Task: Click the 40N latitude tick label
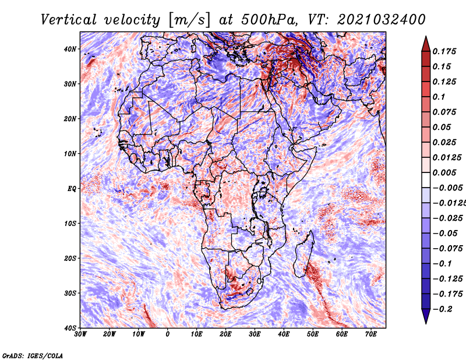point(70,49)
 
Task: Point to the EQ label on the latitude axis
point(72,189)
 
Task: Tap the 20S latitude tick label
point(70,258)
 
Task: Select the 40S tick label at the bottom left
point(70,328)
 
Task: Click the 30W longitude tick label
point(80,334)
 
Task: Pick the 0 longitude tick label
point(168,334)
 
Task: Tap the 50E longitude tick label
point(313,334)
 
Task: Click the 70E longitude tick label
point(371,334)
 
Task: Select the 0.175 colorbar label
point(444,52)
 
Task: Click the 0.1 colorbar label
point(439,97)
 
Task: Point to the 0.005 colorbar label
point(444,173)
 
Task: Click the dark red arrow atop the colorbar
point(426,44)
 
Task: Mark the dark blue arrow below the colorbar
point(426,316)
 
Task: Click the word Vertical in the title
point(68,20)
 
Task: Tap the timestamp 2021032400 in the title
point(382,20)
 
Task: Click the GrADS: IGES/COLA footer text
point(33,356)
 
